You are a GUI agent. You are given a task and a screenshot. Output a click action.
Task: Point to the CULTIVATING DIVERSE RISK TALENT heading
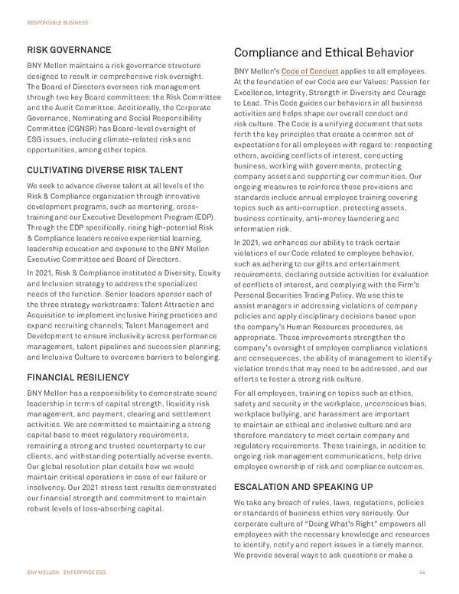pyautogui.click(x=105, y=170)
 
